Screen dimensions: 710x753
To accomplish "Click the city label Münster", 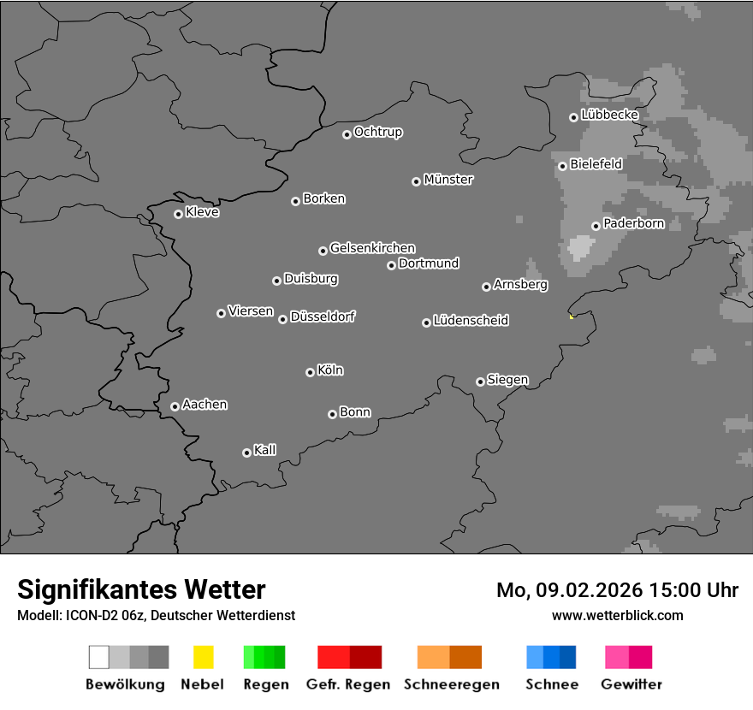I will coord(448,180).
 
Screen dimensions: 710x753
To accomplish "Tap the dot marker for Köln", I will coord(310,372).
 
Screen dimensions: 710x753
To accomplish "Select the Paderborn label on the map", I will coord(633,224).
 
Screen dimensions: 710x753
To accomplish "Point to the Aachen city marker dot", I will coord(175,406).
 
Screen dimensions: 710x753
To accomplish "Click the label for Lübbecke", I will coord(609,115).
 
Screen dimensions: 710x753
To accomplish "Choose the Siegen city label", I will coord(507,380).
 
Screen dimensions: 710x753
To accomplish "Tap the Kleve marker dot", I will coord(178,214).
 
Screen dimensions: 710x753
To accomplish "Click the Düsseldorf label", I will coord(323,317).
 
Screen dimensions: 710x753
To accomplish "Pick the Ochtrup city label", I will coord(378,133).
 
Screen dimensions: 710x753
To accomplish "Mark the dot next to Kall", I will coord(246,453).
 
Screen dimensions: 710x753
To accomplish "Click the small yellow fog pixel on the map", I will coord(571,317).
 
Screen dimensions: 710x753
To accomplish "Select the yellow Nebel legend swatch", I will coord(203,657).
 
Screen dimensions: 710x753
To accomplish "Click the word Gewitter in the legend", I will coord(631,684).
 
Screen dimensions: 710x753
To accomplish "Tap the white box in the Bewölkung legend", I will coord(99,657).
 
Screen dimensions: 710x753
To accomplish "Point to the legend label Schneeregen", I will coord(452,684).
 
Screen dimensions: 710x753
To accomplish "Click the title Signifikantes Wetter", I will coord(141,589).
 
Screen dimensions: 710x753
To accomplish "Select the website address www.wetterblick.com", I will coord(617,615).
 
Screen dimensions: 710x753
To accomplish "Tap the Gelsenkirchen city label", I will coord(372,249).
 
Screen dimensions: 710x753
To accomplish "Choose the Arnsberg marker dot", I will coord(486,287).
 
